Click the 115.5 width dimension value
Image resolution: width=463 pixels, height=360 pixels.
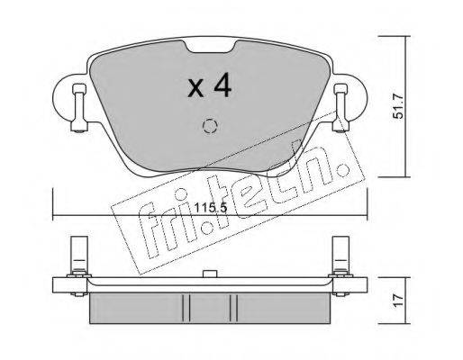tap(211, 208)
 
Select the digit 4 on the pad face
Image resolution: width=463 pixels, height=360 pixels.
tap(222, 85)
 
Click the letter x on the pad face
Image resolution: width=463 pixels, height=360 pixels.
tap(195, 89)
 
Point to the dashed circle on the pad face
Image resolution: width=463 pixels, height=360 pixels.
tap(210, 126)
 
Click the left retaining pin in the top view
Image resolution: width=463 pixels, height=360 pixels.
tap(79, 108)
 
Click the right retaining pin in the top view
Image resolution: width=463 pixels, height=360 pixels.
tap(341, 108)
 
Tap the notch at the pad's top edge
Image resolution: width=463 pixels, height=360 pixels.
tap(210, 47)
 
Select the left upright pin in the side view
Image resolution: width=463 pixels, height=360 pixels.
tap(78, 256)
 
